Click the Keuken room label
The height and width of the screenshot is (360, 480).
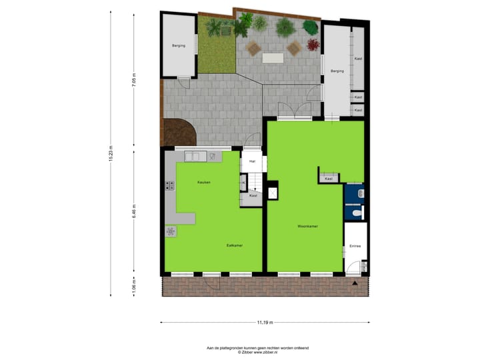pos(204,182)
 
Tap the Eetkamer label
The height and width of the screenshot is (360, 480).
pos(235,245)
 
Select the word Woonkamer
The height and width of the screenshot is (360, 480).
pos(307,226)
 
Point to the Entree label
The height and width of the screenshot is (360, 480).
pos(355,247)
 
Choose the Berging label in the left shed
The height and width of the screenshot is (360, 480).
pos(179,47)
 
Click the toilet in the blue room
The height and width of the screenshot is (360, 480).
pos(357,213)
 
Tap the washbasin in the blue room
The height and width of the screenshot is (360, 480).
pos(360,193)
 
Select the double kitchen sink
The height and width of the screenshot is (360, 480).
pos(195,156)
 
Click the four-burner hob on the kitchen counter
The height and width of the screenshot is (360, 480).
pos(170,187)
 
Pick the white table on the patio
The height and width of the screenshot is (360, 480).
pos(273,58)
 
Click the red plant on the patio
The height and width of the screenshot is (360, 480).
pos(313,45)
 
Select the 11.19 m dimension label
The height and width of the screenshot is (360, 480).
pos(265,323)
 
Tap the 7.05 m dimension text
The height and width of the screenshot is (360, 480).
pos(133,81)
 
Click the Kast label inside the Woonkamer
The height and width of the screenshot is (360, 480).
pos(329,179)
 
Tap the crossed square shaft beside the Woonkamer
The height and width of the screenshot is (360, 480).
pos(272,193)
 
